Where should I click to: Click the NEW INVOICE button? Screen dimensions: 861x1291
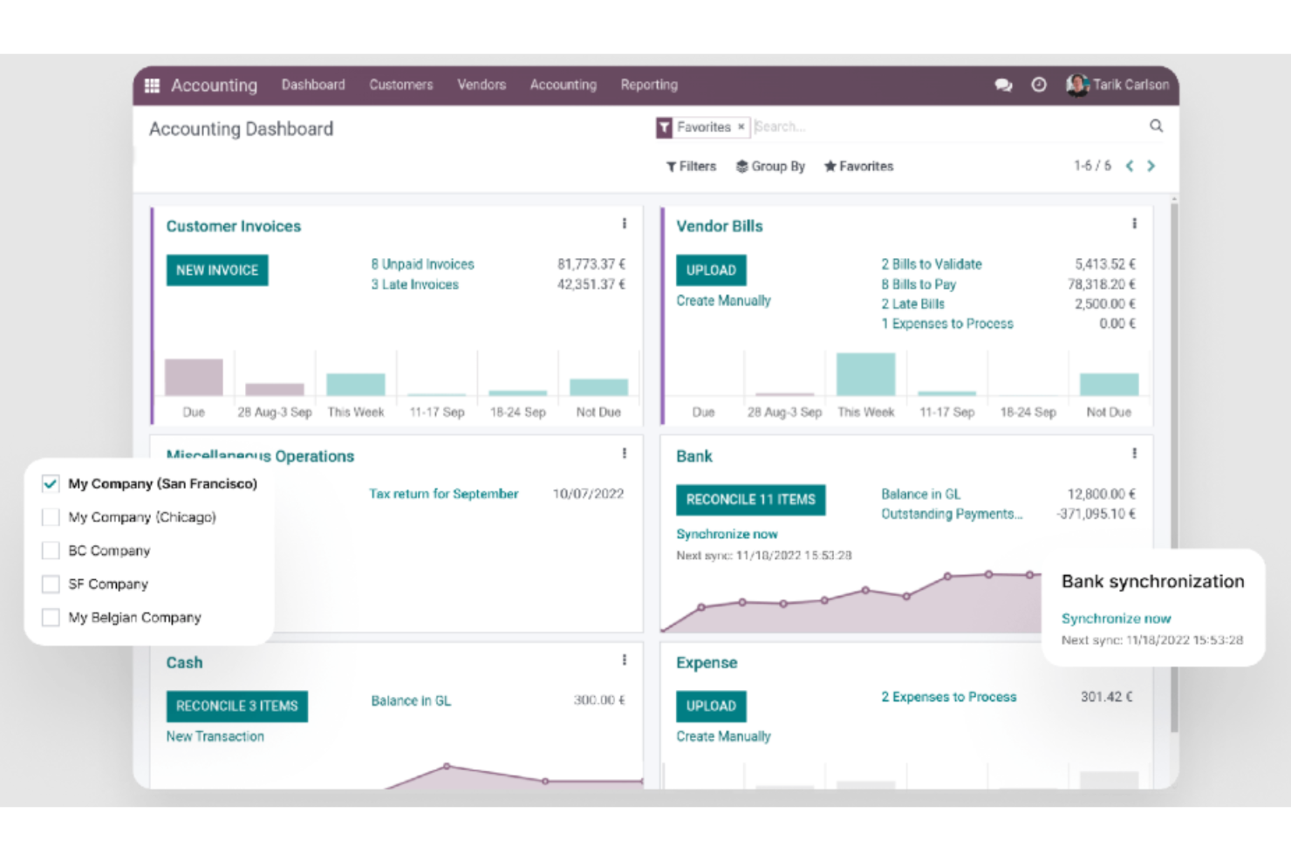tap(217, 270)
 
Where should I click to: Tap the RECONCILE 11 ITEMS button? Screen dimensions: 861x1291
tap(750, 500)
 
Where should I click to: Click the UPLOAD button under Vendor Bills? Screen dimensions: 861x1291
tap(711, 270)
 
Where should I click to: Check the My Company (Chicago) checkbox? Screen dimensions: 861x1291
tap(51, 517)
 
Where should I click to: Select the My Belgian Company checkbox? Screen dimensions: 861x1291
tap(51, 618)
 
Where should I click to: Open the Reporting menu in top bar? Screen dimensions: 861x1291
tap(649, 85)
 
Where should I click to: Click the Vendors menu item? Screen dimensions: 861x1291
tap(482, 85)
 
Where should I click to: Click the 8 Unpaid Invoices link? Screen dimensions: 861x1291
tap(422, 264)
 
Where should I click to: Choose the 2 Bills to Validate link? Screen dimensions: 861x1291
tap(931, 264)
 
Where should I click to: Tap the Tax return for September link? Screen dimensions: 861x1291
tap(443, 494)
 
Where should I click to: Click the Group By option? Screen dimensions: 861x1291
tap(770, 167)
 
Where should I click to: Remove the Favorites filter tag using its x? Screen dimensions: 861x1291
tap(741, 127)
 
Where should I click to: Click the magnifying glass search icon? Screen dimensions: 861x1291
tap(1156, 126)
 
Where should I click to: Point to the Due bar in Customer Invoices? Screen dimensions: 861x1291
tap(194, 377)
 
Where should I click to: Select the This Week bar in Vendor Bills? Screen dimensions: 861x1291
tap(865, 374)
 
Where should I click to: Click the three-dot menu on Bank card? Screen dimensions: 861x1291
tap(1134, 454)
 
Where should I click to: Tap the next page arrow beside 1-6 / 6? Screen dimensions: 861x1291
tap(1151, 167)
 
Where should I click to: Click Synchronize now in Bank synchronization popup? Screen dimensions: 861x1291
tap(1116, 618)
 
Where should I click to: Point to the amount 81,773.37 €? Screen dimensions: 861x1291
tap(591, 264)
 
